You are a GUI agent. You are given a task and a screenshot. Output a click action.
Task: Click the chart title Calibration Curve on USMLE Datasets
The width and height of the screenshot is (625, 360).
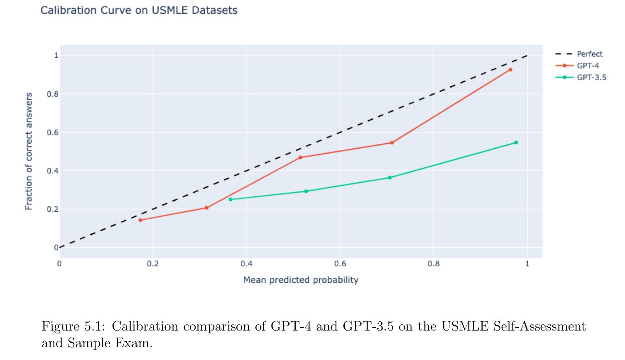click(x=139, y=10)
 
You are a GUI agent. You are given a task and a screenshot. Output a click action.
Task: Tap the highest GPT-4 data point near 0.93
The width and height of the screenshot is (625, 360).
click(x=510, y=70)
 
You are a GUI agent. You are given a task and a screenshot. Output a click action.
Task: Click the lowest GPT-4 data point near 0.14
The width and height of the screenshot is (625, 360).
click(x=140, y=220)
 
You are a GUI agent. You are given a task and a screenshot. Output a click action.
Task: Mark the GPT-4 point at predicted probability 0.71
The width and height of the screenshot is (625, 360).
click(x=392, y=143)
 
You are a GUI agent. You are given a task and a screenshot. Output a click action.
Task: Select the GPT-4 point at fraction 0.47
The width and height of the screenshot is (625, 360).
click(x=300, y=157)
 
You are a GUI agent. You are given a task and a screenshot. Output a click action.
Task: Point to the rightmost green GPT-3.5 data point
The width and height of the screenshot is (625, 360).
click(x=516, y=142)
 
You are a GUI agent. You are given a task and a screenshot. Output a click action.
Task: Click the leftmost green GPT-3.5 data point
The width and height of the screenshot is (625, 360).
click(x=231, y=199)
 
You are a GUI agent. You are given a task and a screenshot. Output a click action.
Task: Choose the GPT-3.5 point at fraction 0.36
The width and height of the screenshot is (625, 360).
click(x=390, y=178)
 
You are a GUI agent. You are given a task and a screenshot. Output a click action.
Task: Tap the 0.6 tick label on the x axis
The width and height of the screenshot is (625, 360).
click(x=340, y=264)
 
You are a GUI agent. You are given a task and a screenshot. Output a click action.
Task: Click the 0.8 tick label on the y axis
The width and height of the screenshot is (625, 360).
click(x=53, y=94)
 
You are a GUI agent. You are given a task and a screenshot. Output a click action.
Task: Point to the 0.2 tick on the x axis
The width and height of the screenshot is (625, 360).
click(x=152, y=264)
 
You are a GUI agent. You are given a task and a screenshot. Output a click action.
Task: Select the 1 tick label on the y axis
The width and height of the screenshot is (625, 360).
click(x=56, y=56)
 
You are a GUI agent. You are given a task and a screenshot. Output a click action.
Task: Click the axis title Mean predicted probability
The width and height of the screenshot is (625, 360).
click(x=301, y=280)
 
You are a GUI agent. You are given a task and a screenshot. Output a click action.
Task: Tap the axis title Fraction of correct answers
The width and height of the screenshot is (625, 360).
click(x=29, y=151)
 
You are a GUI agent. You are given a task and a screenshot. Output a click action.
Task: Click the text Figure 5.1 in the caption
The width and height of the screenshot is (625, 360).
click(x=72, y=326)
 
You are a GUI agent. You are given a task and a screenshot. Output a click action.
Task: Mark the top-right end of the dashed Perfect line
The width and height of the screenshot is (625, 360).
click(x=527, y=55)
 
